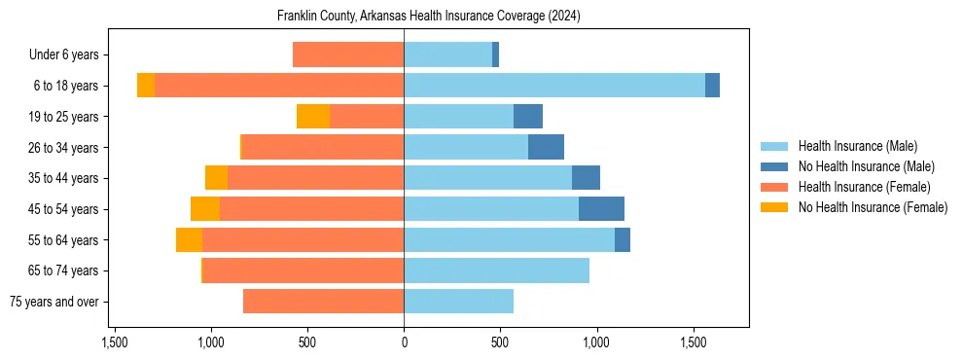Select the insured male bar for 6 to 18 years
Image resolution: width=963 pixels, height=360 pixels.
554,86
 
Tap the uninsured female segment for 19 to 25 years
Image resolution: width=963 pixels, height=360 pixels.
313,117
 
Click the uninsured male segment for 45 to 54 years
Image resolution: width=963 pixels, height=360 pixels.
601,209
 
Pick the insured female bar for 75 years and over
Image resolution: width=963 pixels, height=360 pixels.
323,302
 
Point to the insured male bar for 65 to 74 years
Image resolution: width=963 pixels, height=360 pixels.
496,270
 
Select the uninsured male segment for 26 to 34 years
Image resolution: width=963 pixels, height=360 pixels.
546,148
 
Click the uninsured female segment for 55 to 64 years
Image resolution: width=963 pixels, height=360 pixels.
189,240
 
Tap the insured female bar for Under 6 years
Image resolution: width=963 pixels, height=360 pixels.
348,55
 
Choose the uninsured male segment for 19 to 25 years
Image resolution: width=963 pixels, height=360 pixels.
528,117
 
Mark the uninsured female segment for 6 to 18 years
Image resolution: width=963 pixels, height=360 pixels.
146,86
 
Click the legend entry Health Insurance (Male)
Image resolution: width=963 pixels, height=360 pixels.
857,146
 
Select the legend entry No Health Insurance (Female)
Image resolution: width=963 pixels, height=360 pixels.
873,207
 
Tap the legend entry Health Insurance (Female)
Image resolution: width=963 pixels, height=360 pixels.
864,187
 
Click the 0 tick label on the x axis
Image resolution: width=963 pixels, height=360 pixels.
404,342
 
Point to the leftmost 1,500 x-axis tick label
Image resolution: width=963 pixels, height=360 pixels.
115,342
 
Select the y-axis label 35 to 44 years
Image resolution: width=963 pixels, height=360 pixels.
63,179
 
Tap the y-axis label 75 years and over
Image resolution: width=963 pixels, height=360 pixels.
54,302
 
